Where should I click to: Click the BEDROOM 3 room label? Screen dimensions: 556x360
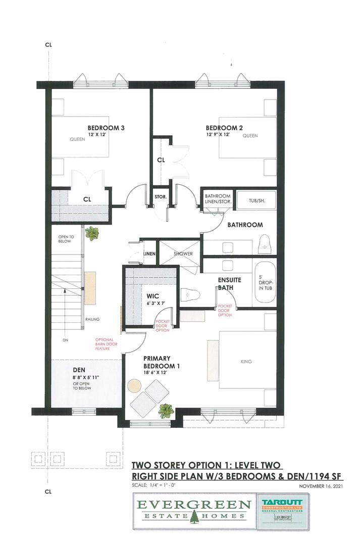106,128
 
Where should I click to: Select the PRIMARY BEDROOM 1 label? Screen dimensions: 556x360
161,362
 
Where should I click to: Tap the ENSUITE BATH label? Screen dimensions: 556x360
229,283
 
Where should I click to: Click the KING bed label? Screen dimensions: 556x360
246,362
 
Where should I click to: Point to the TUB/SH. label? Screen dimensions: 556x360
256,200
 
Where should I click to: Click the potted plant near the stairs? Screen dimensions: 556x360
92,233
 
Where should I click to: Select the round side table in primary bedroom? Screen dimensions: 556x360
134,386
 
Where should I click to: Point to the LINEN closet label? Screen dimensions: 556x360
149,254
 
